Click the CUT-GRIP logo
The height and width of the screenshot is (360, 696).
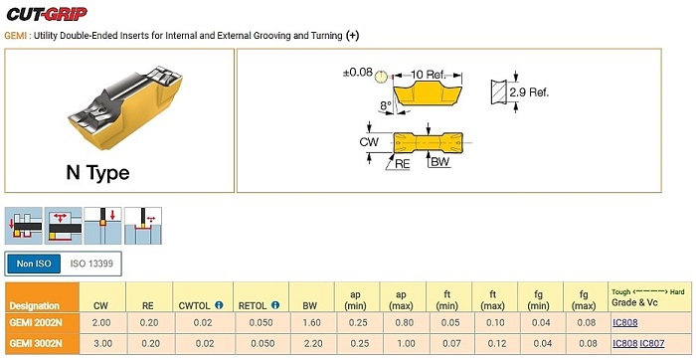47,14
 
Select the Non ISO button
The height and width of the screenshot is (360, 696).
34,264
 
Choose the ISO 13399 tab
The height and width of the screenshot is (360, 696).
91,264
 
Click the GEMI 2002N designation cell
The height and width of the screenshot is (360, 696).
36,323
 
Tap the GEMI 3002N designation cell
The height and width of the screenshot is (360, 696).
36,343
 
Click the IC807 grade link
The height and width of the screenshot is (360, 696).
652,343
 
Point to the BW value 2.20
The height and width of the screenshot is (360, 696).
311,343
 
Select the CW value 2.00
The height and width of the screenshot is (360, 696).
101,323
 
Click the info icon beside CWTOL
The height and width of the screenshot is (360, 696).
219,305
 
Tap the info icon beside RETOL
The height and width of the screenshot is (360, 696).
275,305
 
